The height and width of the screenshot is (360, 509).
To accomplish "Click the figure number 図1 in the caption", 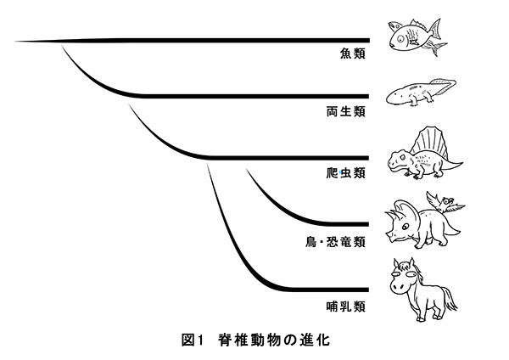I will (194, 341).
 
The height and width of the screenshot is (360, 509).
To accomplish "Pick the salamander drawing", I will (419, 94).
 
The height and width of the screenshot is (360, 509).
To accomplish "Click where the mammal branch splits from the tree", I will (210, 161).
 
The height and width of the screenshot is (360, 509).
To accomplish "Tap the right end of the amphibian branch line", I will (368, 96).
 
